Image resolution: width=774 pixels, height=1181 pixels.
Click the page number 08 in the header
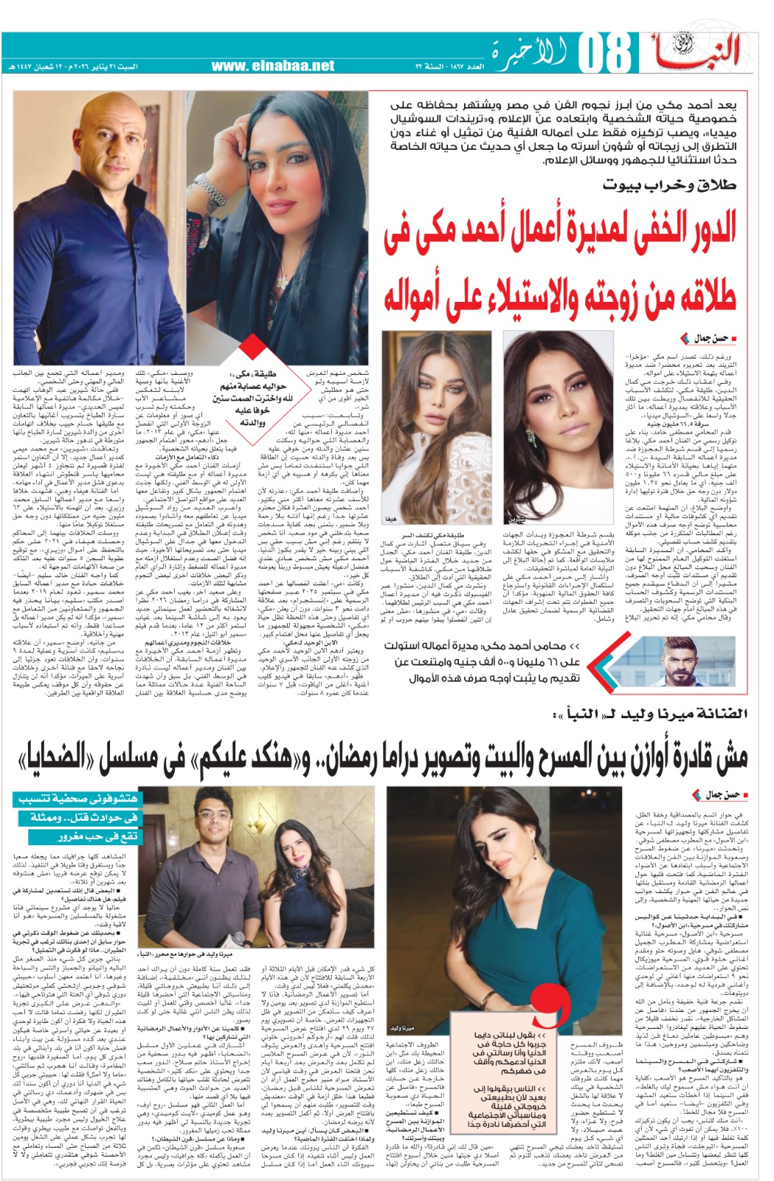(604, 52)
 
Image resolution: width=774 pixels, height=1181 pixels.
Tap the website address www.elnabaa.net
(272, 66)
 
